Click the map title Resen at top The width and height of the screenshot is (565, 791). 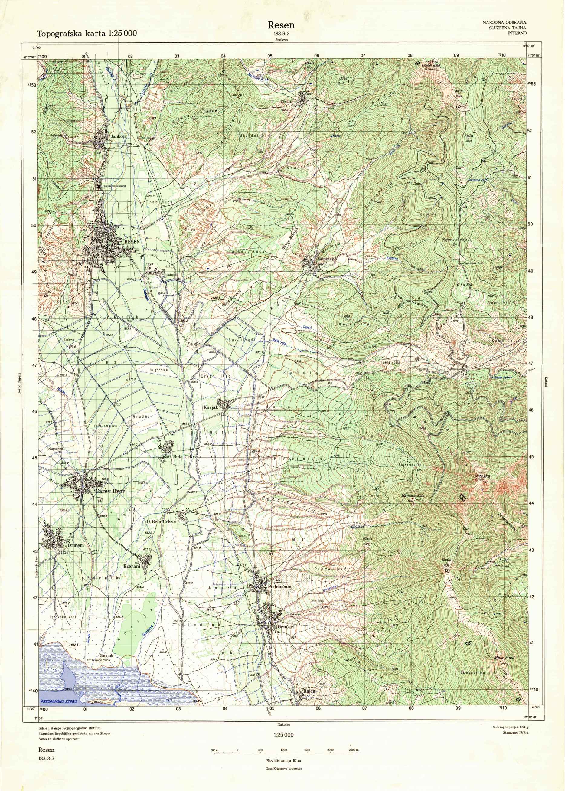click(281, 25)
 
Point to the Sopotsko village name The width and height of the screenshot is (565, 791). click(326, 260)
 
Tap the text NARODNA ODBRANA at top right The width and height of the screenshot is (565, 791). click(504, 23)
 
